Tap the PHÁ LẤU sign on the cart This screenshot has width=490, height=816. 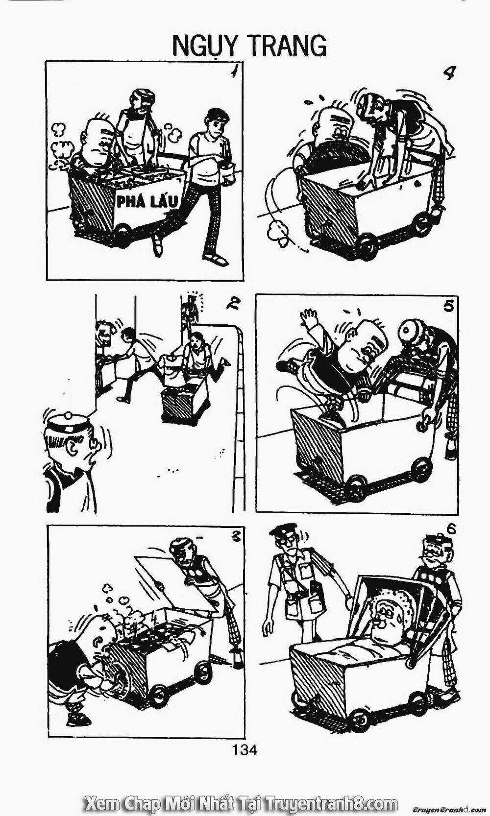pyautogui.click(x=147, y=201)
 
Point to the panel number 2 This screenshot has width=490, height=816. pyautogui.click(x=232, y=303)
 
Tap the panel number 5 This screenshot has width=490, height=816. pyautogui.click(x=449, y=306)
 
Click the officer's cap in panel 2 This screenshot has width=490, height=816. pyautogui.click(x=69, y=422)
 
